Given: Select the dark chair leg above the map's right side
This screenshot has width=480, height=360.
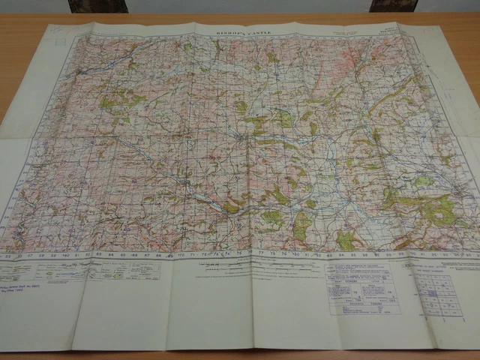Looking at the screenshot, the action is (x=393, y=5).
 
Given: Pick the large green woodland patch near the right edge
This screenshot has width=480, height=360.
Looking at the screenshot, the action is (x=435, y=210).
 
